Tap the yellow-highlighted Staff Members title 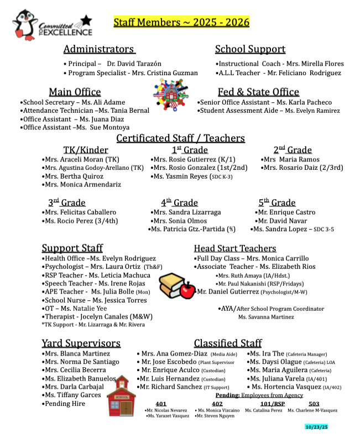pyautogui.click(x=181, y=23)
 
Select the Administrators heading pyautogui.click(x=99, y=49)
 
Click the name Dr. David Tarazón pyautogui.click(x=135, y=64)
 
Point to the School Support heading pyautogui.click(x=250, y=49)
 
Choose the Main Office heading pyautogui.click(x=75, y=92)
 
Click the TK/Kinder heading pyautogui.click(x=86, y=150)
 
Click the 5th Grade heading pyautogui.click(x=276, y=202)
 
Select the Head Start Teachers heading pyautogui.click(x=234, y=248)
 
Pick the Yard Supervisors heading pyautogui.click(x=81, y=343)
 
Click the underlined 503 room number pyautogui.click(x=314, y=404)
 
